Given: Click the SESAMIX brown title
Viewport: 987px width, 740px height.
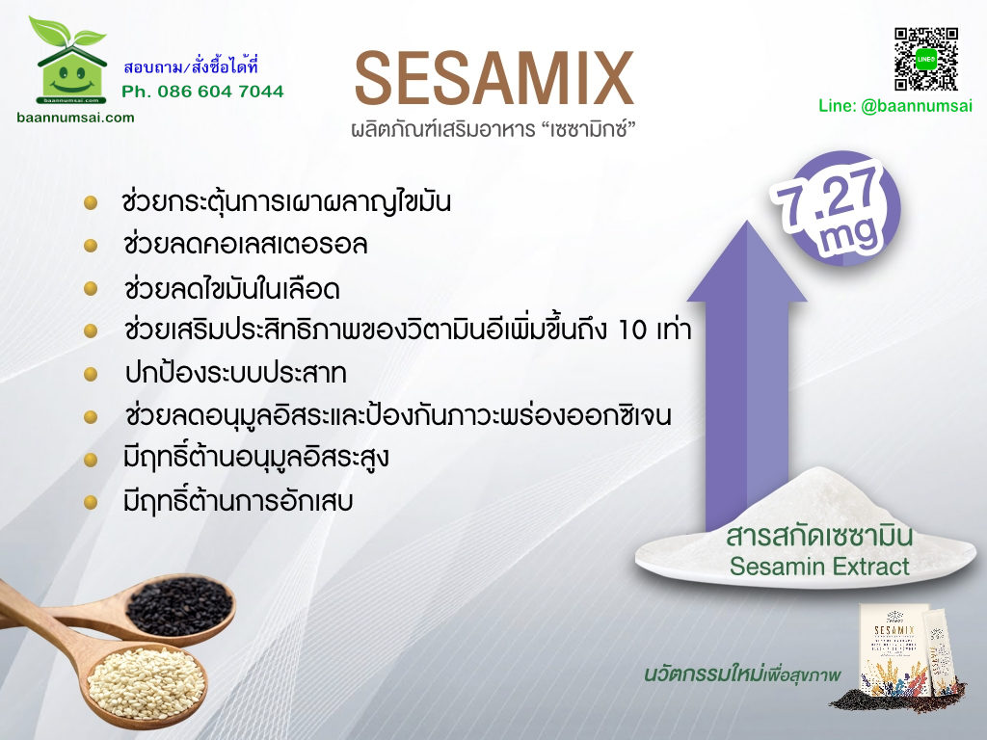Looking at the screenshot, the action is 494,78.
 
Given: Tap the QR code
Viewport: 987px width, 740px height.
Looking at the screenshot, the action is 926,59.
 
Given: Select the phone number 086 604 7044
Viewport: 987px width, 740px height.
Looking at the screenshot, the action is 221,92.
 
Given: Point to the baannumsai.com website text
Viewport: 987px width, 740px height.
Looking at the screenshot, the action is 75,118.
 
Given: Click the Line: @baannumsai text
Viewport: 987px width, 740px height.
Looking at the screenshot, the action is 895,106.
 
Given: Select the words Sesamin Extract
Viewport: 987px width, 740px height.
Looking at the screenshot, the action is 819,567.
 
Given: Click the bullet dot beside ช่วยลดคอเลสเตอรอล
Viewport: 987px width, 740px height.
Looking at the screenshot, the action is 91,246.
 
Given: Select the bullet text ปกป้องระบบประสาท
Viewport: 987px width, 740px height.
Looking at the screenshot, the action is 235,373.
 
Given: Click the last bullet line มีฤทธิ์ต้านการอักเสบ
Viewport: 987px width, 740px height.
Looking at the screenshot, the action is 238,501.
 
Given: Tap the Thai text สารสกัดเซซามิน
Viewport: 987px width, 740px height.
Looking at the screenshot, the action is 819,537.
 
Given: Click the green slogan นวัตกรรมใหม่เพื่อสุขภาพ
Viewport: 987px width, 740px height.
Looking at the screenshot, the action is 742,674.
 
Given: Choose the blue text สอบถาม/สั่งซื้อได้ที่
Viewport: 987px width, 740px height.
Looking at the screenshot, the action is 191,66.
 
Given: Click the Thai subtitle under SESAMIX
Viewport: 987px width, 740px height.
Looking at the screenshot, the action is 493,130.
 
